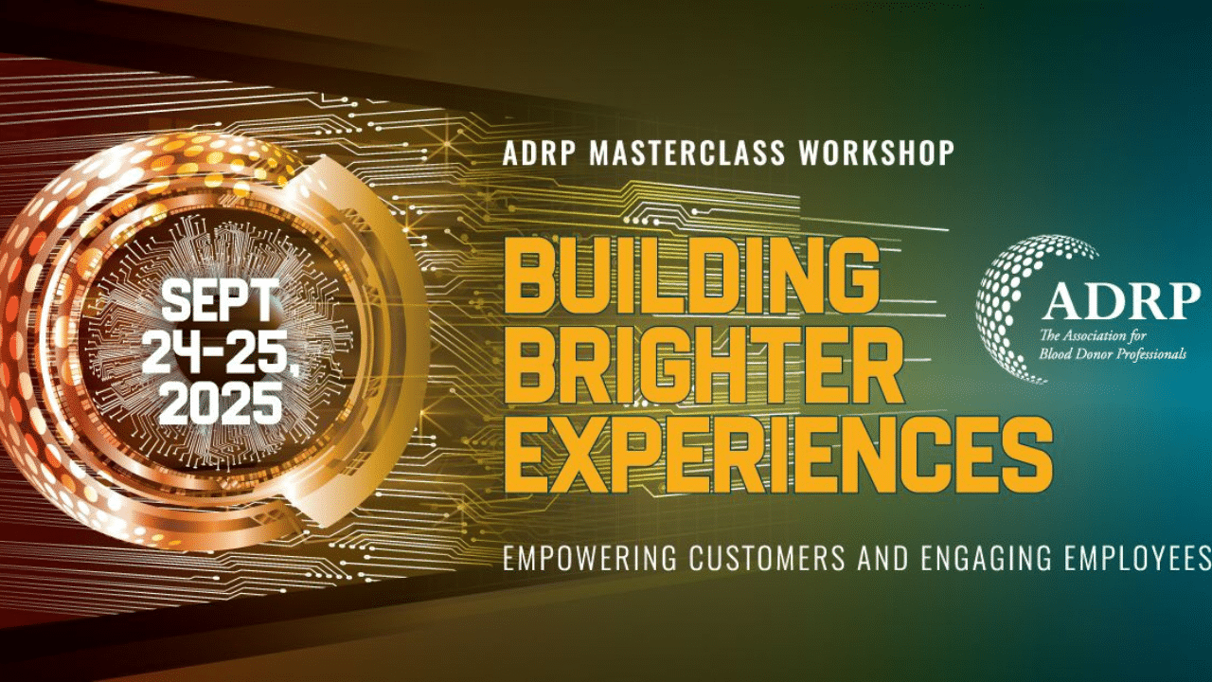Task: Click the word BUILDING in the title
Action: point(691,276)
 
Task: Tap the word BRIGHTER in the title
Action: point(703,365)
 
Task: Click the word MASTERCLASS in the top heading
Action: point(687,153)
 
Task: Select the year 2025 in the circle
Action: point(221,403)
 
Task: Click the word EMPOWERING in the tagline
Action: point(590,558)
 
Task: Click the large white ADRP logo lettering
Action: point(1121,301)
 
